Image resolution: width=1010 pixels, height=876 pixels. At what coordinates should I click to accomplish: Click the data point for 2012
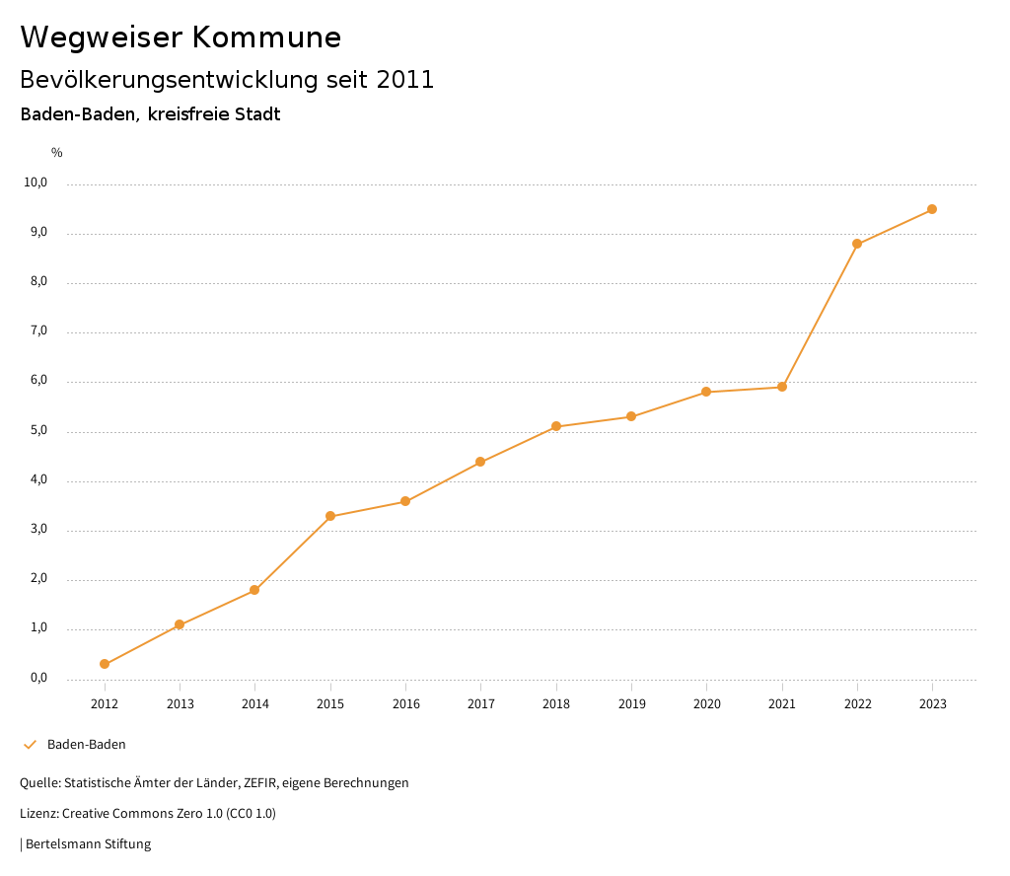tap(105, 664)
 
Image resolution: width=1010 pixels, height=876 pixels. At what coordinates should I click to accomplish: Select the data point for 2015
tap(330, 516)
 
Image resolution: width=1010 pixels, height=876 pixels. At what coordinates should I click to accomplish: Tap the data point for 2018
tap(556, 426)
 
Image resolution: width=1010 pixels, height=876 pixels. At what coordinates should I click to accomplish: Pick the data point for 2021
tap(782, 387)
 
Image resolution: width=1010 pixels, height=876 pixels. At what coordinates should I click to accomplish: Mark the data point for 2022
tap(857, 244)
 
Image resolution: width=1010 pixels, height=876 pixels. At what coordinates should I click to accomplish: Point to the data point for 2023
tap(932, 209)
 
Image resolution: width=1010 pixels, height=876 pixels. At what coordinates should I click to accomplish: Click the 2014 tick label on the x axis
tap(255, 703)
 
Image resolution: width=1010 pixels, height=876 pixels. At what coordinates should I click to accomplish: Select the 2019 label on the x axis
tap(631, 703)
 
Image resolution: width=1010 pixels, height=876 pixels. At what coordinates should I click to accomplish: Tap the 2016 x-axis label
tap(405, 703)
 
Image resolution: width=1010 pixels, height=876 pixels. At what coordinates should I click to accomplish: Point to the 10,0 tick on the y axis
tap(36, 182)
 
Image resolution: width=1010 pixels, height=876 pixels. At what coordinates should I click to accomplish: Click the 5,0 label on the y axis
tap(38, 431)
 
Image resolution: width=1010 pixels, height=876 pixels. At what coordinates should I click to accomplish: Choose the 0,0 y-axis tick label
tap(38, 678)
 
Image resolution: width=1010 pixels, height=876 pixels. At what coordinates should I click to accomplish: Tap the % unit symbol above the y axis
tap(57, 152)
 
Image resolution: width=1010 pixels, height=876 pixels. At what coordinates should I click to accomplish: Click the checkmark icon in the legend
tap(30, 745)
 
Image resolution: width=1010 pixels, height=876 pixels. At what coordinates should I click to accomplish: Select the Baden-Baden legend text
tap(87, 745)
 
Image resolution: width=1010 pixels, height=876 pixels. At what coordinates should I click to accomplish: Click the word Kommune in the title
tap(266, 37)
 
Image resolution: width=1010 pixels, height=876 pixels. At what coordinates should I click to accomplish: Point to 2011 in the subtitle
tap(405, 80)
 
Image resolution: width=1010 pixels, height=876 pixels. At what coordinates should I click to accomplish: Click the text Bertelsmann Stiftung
tap(88, 844)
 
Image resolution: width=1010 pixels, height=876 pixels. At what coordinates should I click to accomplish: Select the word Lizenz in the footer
tap(38, 814)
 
